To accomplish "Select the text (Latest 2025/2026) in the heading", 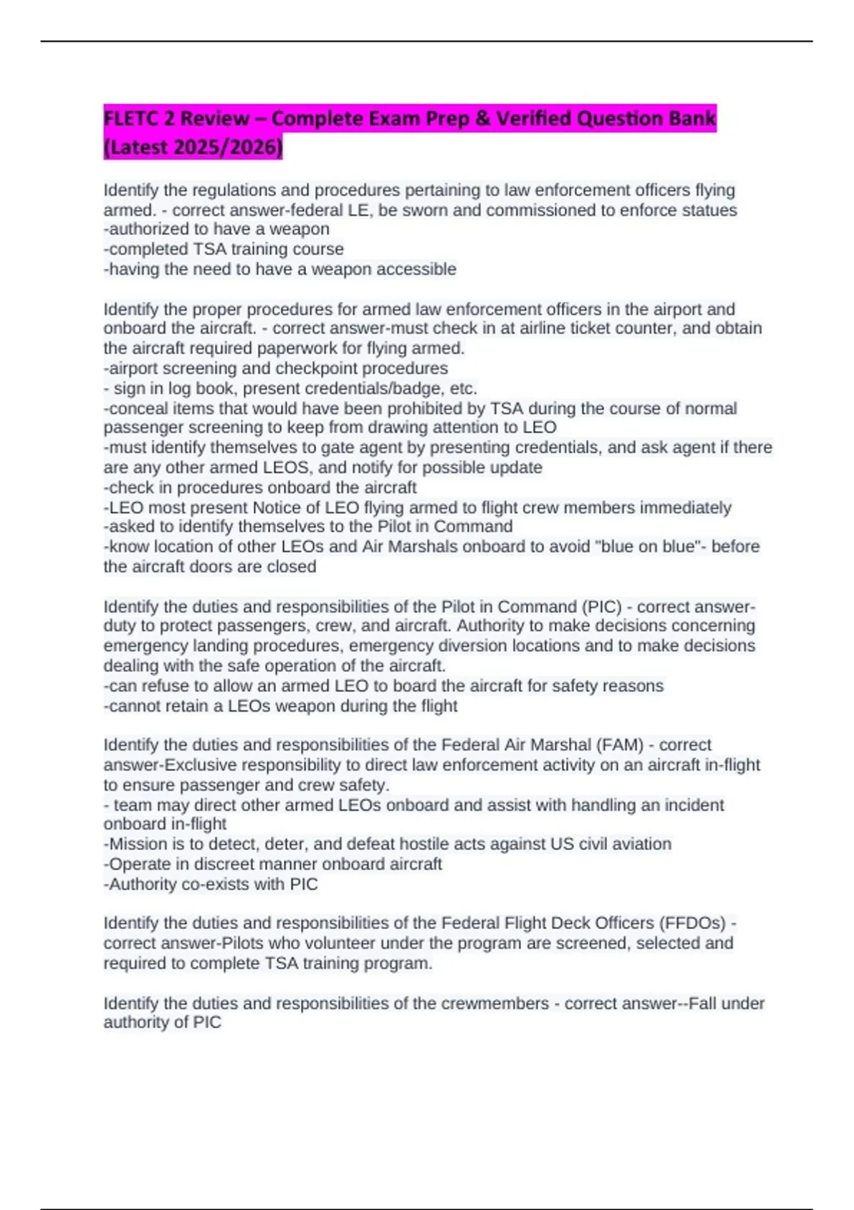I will pyautogui.click(x=193, y=147).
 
